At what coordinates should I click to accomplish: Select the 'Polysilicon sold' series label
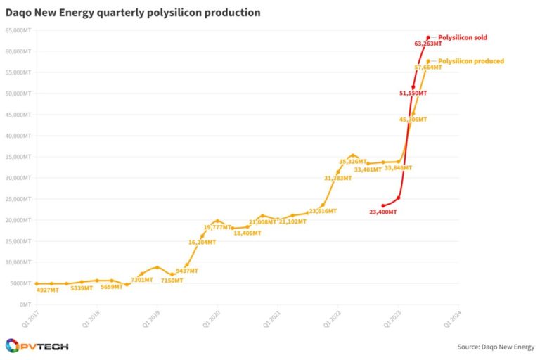tap(463, 37)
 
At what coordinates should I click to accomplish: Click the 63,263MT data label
tap(429, 44)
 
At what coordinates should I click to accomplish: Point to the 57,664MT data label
tap(428, 67)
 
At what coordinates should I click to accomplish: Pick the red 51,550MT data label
tap(413, 93)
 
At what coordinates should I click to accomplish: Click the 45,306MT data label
tap(413, 120)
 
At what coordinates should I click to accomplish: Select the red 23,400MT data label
tap(383, 211)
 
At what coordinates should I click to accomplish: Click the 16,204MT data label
tap(202, 243)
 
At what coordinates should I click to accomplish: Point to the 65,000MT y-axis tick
tap(18, 30)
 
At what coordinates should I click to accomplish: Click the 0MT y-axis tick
tap(24, 304)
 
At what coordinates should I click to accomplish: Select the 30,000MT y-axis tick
tap(18, 178)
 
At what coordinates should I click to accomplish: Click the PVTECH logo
tap(37, 346)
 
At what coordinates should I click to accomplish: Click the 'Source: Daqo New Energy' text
tap(496, 347)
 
